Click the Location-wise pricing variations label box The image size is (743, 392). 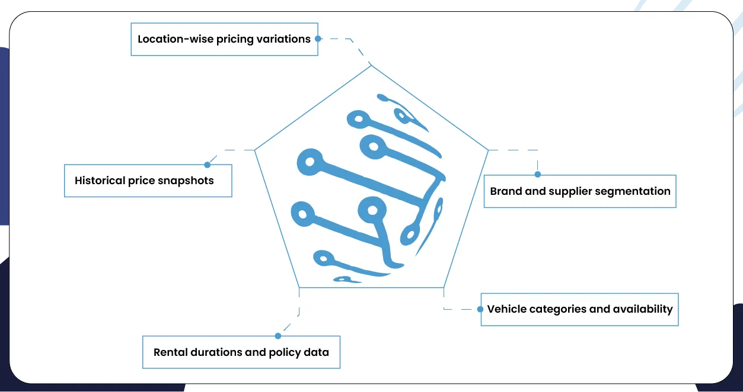[224, 39]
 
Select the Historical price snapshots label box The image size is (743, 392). [148, 181]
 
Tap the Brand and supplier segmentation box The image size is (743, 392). [579, 191]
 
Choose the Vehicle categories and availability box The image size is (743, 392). [579, 309]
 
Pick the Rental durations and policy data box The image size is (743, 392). [241, 352]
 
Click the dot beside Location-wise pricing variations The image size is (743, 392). [318, 39]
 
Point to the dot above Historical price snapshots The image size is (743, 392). [207, 165]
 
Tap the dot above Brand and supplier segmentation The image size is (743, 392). [537, 175]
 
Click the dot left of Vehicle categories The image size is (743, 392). [480, 309]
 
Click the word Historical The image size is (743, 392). [100, 181]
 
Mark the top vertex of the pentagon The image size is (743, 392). [372, 65]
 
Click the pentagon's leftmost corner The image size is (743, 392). [255, 150]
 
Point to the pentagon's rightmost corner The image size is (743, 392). [488, 150]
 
